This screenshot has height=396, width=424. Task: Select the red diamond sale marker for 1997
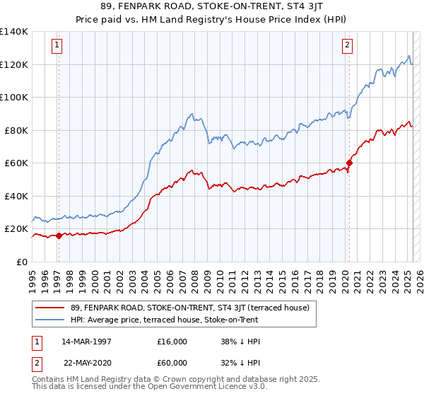(59, 236)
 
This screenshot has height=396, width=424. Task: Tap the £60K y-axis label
(16, 163)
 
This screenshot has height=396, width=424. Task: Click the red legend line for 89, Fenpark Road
(52, 308)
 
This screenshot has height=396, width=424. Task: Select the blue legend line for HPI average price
(52, 320)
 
